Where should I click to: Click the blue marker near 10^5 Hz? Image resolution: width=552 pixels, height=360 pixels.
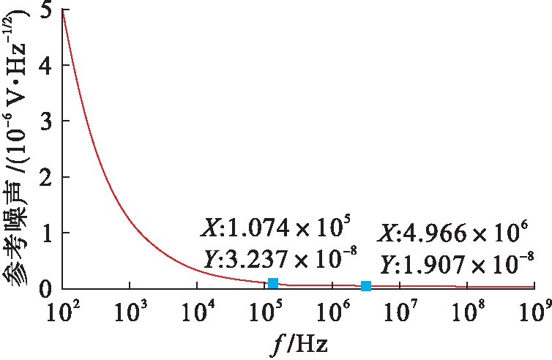pos(273,283)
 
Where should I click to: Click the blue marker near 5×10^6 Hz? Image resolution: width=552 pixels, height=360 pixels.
pos(366,285)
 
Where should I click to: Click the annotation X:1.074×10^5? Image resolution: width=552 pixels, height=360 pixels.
pos(278,228)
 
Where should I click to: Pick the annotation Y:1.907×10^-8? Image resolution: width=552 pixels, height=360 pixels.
pos(455,262)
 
